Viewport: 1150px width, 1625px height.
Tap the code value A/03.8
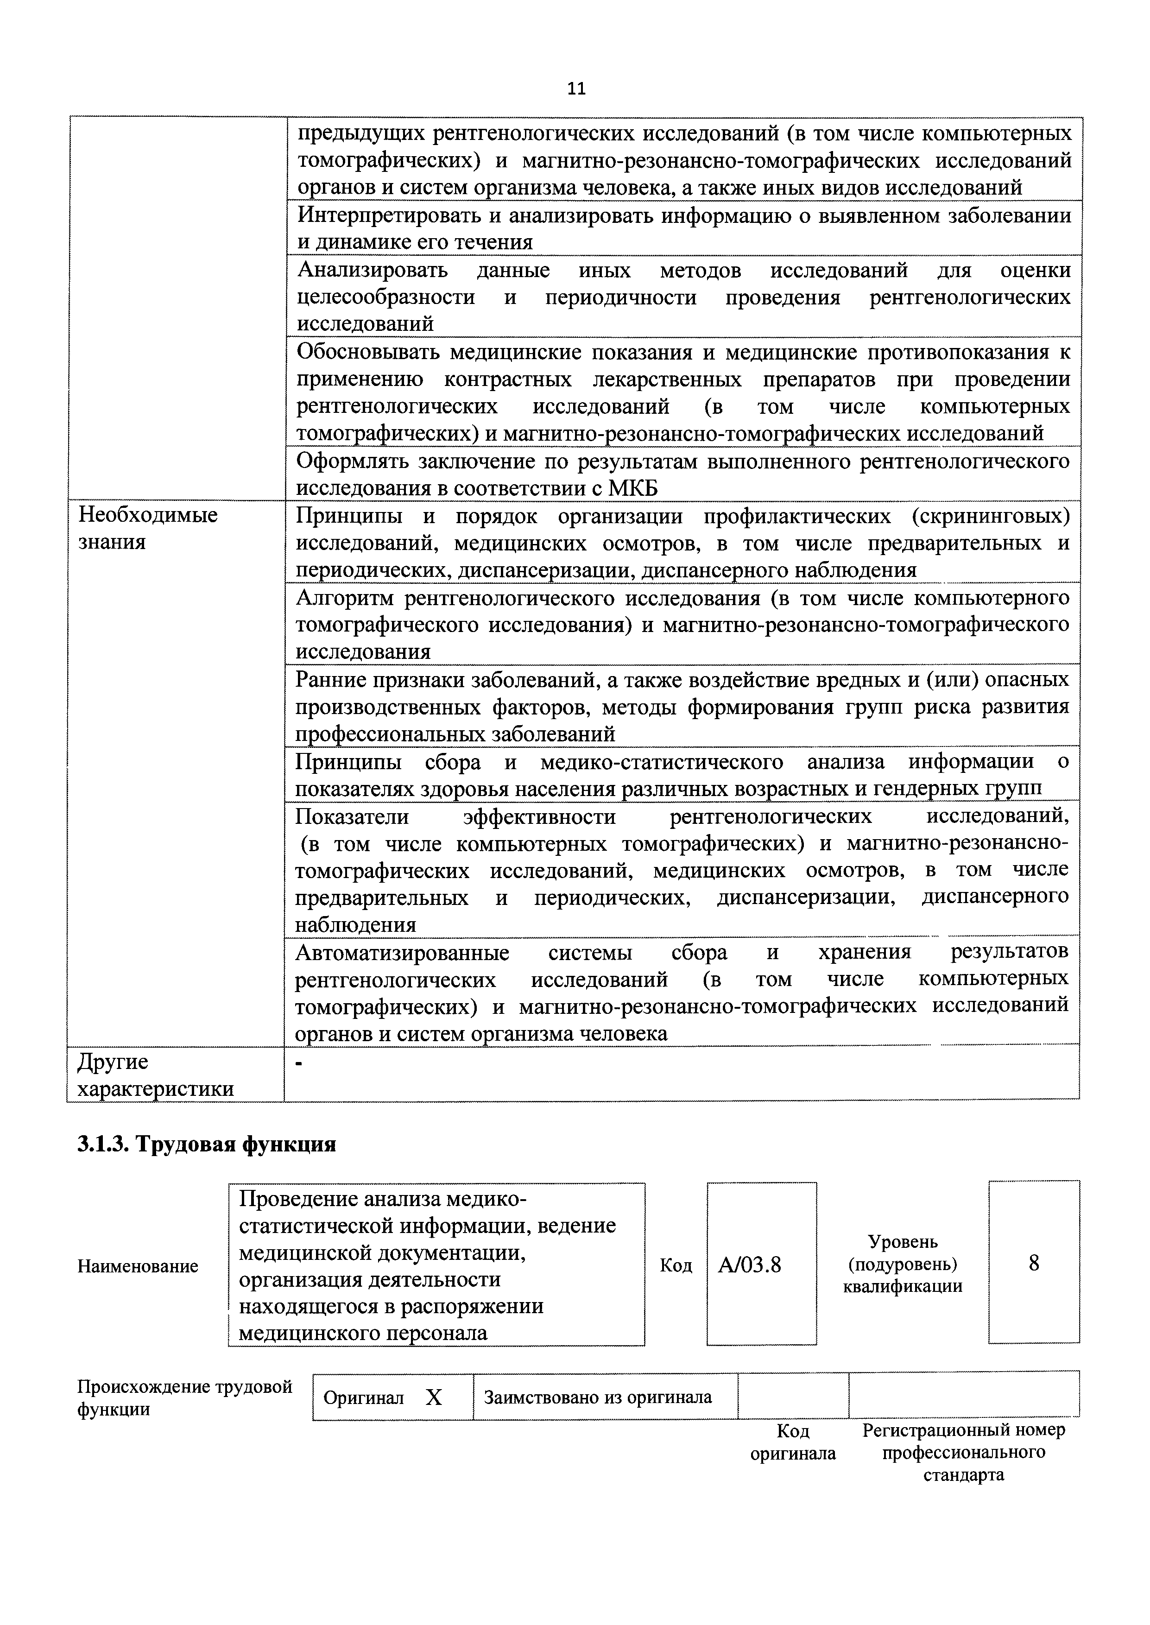pos(749,1265)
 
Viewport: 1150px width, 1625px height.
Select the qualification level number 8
pos(1034,1263)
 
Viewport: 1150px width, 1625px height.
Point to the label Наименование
pos(138,1266)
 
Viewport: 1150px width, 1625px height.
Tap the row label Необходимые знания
pos(147,528)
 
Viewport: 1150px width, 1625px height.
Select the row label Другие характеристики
pos(155,1075)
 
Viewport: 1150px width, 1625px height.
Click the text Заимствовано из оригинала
pos(598,1397)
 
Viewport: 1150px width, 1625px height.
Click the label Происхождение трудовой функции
pos(184,1397)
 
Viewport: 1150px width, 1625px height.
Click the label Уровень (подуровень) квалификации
pos(903,1264)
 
